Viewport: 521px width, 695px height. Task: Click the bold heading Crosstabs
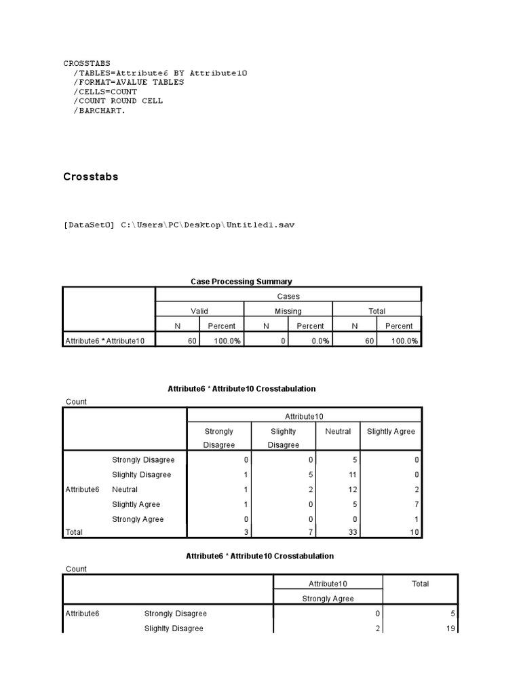click(90, 176)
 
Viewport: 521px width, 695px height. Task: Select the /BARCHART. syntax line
click(100, 111)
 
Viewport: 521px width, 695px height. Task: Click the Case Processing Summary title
click(242, 281)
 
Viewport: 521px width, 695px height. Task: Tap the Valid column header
click(199, 311)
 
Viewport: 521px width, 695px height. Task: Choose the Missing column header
click(288, 311)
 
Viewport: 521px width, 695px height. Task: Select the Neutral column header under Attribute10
click(338, 432)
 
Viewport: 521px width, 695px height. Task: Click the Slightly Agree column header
click(391, 432)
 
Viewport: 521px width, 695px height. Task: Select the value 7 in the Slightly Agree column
click(417, 505)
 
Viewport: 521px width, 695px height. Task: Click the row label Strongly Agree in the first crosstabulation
click(138, 520)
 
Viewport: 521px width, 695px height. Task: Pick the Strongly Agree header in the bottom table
click(328, 599)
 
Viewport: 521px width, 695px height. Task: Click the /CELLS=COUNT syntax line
click(105, 92)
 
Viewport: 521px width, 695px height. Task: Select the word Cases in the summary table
click(288, 296)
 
